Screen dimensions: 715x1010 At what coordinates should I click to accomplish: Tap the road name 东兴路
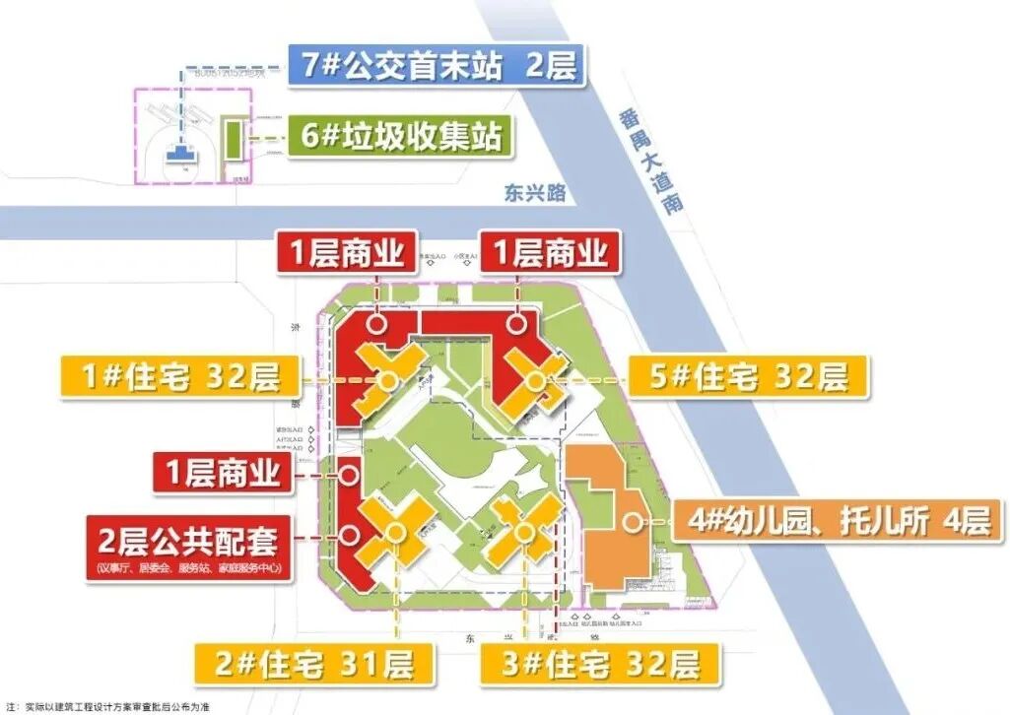point(535,193)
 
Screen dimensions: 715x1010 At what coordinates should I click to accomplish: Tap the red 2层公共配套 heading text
point(188,541)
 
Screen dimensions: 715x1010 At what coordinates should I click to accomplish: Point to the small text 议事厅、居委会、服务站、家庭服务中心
point(188,568)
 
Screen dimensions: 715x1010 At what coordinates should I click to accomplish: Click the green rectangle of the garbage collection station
point(233,144)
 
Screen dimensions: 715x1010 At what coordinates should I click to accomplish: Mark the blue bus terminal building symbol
point(180,152)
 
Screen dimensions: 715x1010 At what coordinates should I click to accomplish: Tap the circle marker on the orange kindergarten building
point(626,520)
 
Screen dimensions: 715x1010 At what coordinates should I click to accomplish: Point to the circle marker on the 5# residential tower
point(534,379)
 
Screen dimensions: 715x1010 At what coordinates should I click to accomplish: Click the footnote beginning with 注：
point(108,706)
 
